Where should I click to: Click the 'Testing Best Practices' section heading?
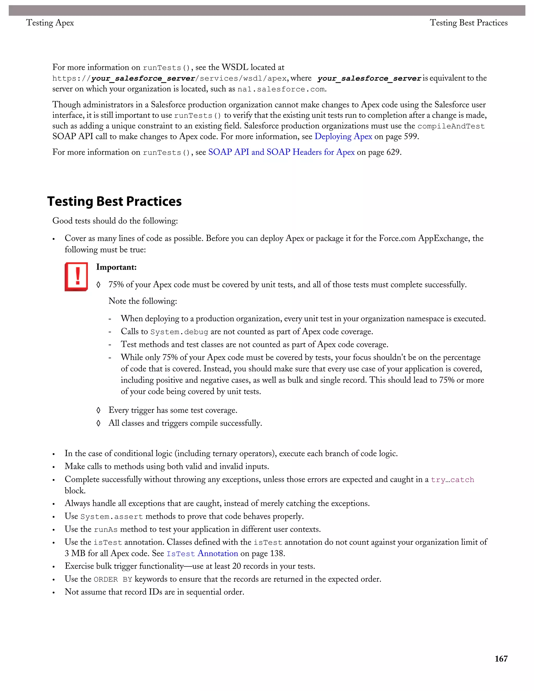[x=114, y=202]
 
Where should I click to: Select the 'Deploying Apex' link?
[x=343, y=137]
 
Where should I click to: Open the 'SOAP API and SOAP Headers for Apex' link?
[x=281, y=152]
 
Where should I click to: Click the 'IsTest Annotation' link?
[x=202, y=553]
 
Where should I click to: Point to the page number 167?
[x=501, y=659]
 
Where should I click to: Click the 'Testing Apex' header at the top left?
[x=50, y=23]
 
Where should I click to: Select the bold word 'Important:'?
[x=116, y=267]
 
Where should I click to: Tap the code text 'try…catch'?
[x=452, y=480]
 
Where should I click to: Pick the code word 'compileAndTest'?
[x=451, y=126]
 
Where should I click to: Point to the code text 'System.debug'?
[x=179, y=332]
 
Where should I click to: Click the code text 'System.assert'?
[x=112, y=517]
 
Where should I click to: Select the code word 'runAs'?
[x=106, y=530]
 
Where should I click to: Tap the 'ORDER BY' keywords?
[x=113, y=579]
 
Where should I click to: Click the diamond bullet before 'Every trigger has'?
[x=98, y=410]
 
